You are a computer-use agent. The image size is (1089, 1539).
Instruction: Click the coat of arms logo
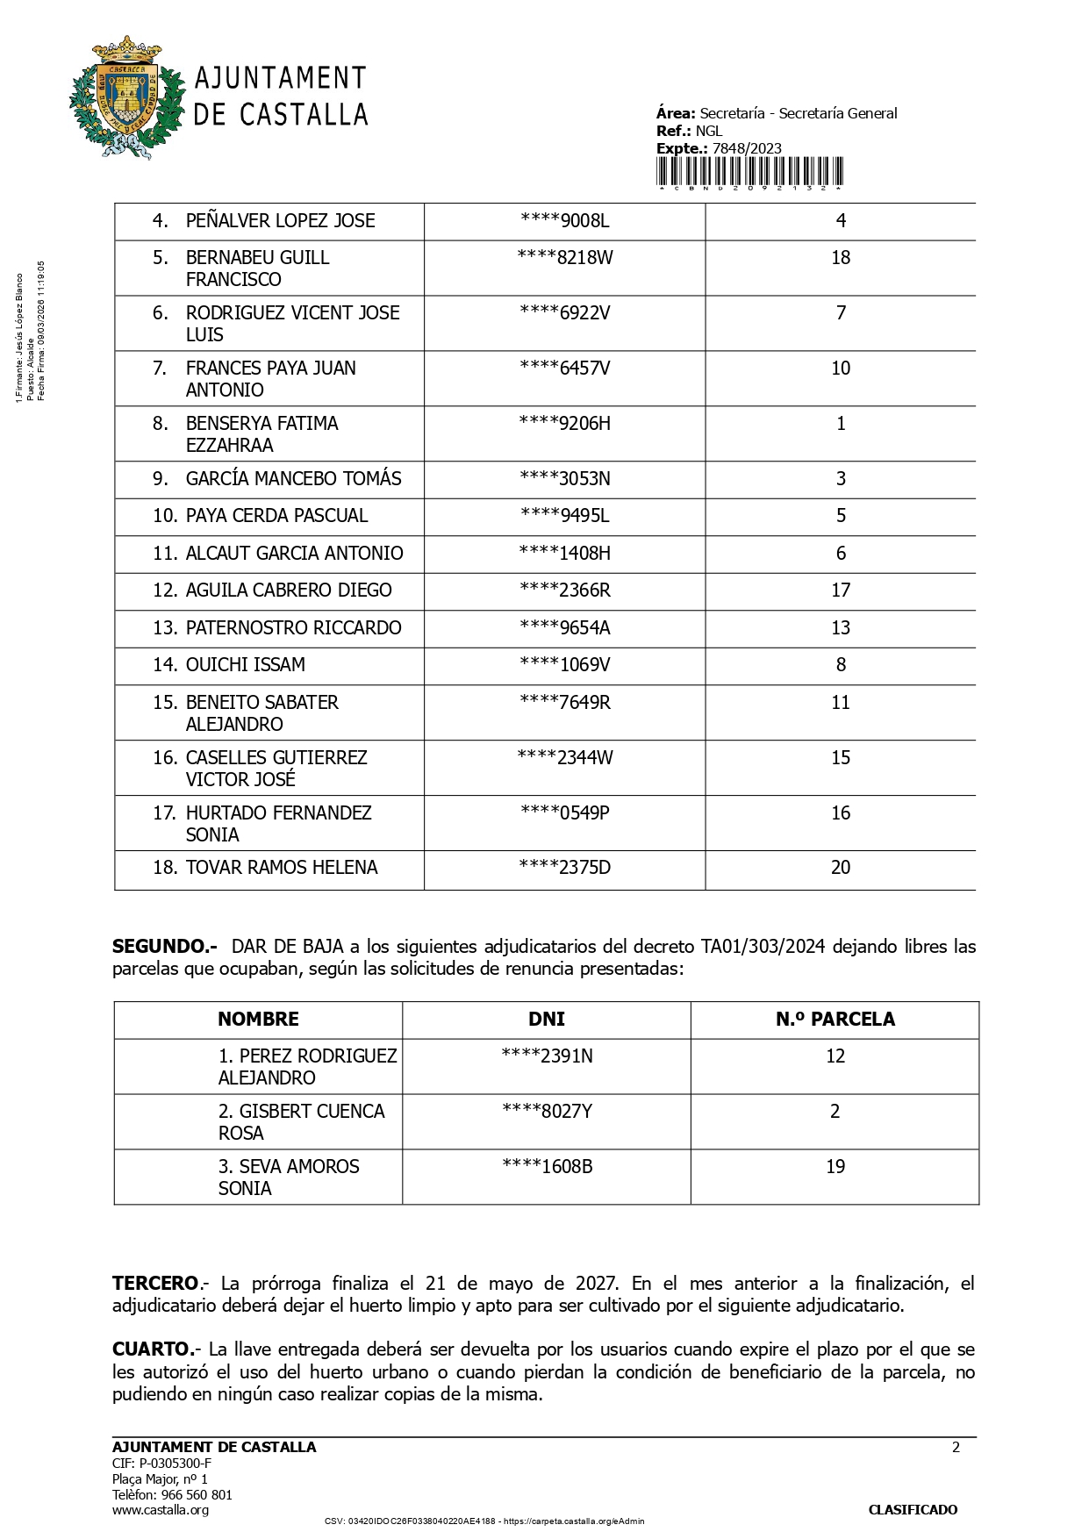coord(126,98)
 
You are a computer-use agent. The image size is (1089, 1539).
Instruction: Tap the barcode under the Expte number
coord(750,173)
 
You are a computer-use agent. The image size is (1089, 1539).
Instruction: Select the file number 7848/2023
coord(747,148)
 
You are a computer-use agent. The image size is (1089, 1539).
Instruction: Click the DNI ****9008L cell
coord(565,221)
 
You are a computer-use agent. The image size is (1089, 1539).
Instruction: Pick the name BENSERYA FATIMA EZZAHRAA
coord(262,434)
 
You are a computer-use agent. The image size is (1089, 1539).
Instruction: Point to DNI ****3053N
coord(565,479)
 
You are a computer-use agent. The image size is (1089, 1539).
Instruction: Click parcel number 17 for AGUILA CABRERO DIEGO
coord(841,591)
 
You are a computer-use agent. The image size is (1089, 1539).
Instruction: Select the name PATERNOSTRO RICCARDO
coord(293,628)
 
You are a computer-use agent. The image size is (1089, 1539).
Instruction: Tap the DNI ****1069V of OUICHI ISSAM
coord(565,665)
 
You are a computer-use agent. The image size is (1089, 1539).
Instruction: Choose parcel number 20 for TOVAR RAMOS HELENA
coord(841,868)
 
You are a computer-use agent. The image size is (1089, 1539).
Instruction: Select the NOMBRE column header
coord(258,1020)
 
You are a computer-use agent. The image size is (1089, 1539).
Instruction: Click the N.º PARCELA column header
coord(835,1020)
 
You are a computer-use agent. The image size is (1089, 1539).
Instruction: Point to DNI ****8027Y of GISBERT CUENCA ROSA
coord(548,1112)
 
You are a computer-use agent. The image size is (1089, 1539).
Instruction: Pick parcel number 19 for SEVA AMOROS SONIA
coord(835,1167)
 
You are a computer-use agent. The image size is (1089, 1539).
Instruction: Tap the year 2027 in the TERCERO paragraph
coord(597,1284)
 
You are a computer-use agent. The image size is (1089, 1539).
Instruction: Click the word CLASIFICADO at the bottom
coord(913,1510)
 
